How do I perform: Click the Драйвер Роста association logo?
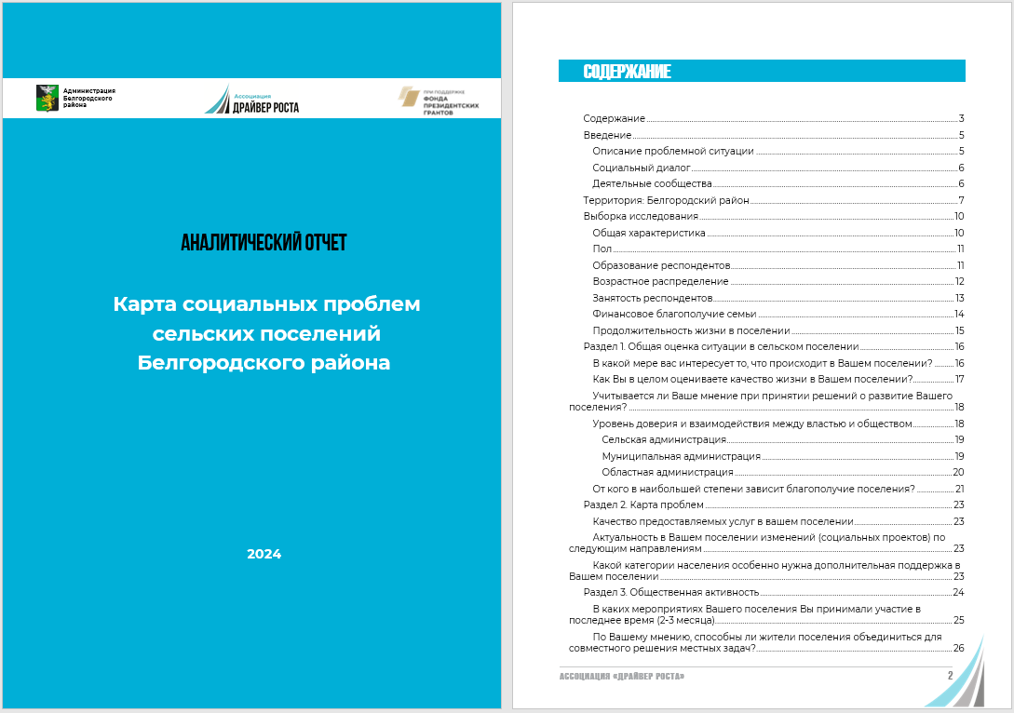(252, 99)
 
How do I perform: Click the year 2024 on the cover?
(264, 554)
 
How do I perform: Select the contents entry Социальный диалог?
(642, 168)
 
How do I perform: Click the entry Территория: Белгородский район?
(666, 200)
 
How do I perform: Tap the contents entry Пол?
(602, 249)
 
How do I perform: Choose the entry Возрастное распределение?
(660, 281)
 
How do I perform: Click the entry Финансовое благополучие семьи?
(674, 314)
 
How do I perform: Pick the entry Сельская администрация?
(664, 439)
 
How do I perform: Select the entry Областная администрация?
(667, 472)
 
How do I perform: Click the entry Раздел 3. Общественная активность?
(670, 592)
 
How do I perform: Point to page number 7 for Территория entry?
(960, 200)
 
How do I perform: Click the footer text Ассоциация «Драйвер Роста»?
(622, 676)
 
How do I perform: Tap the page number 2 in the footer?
(950, 675)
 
